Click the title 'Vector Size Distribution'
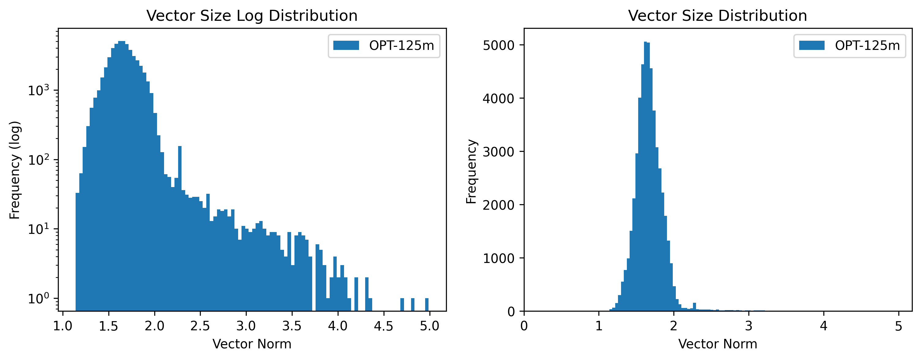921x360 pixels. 717,16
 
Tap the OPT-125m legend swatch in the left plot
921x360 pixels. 346,45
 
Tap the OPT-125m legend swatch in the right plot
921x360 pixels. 812,45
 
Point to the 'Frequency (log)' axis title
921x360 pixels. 15,170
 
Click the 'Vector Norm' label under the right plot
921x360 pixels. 717,344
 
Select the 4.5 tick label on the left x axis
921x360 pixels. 384,326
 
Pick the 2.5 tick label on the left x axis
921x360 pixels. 200,326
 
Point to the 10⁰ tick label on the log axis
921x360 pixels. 38,298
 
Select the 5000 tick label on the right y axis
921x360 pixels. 498,45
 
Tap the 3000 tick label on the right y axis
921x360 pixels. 498,152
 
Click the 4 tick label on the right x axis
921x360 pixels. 824,326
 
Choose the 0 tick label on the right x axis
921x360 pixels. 524,326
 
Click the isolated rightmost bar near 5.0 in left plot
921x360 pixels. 427,304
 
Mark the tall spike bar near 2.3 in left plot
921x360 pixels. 180,215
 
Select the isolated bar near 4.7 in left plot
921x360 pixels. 402,304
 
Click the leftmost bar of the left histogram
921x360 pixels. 77,250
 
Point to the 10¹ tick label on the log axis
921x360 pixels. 38,229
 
